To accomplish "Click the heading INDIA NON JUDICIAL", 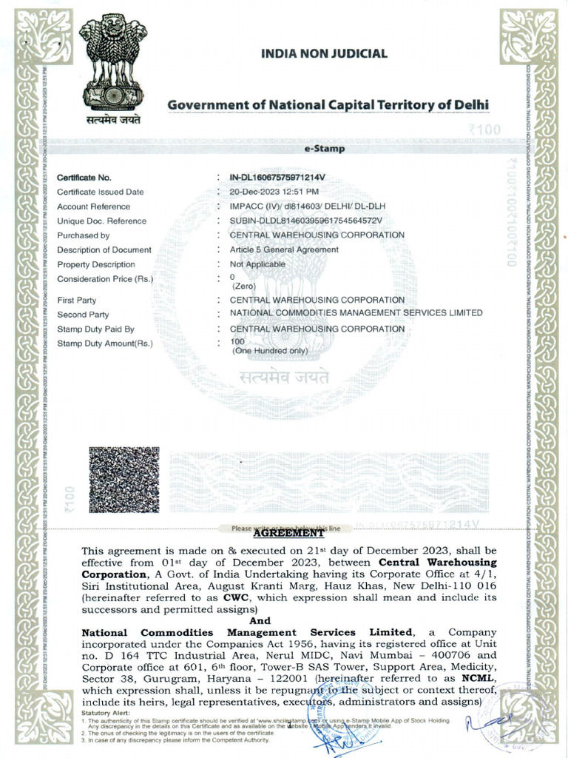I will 325,53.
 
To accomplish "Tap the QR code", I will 124,480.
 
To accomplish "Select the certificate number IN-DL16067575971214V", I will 277,178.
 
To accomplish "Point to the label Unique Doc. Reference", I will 101,221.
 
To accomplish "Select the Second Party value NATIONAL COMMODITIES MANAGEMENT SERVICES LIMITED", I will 356,313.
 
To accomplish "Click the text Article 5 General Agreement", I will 284,249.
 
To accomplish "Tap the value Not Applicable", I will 254,264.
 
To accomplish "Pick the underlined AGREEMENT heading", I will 288,533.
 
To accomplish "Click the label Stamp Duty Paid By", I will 95,329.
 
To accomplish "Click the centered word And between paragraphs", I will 260,620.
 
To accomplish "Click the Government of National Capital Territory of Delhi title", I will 328,104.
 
